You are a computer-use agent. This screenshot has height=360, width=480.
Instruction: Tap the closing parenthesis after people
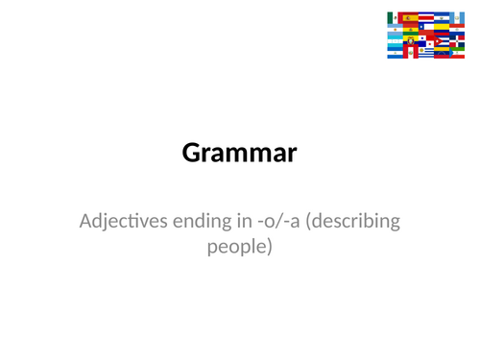271,247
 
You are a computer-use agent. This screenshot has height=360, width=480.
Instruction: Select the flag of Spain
410,17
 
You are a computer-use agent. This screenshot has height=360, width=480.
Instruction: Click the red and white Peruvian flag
412,53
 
